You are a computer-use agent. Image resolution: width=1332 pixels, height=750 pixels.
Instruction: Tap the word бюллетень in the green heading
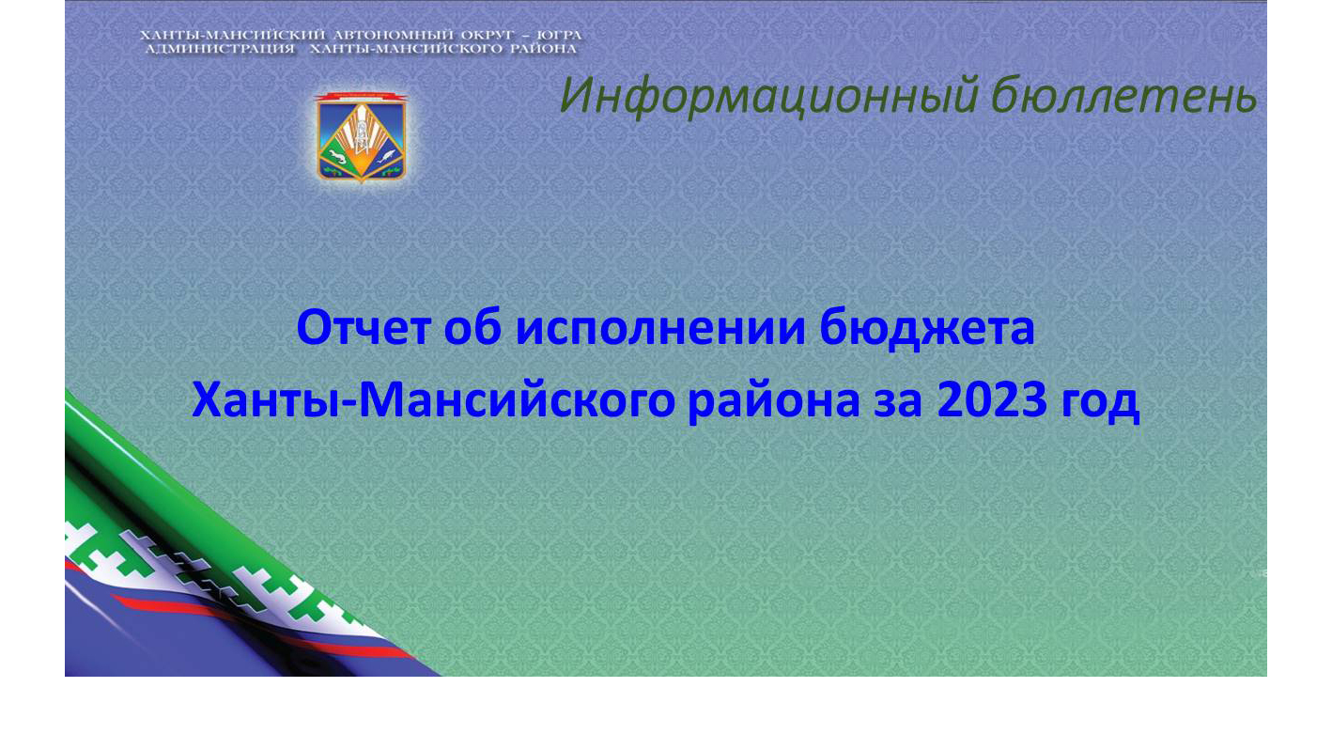pyautogui.click(x=1123, y=95)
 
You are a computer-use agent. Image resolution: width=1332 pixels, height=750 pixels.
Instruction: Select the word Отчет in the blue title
pyautogui.click(x=364, y=328)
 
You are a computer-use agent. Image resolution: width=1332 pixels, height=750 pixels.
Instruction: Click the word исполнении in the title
pyautogui.click(x=660, y=329)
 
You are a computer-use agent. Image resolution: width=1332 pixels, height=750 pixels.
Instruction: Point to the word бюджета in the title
pyautogui.click(x=926, y=329)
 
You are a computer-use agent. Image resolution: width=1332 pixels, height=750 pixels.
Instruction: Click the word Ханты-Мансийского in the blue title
pyautogui.click(x=433, y=399)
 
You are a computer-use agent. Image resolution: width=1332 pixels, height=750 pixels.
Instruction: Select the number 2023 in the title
pyautogui.click(x=991, y=399)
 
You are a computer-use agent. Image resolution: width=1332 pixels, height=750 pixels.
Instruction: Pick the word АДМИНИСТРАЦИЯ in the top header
pyautogui.click(x=220, y=49)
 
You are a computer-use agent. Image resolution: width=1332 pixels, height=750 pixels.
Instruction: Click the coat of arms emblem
pyautogui.click(x=361, y=136)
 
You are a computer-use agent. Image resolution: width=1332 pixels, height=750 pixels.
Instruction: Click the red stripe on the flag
pyautogui.click(x=262, y=623)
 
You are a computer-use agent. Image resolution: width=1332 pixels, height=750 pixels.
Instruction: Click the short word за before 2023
pyautogui.click(x=898, y=404)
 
